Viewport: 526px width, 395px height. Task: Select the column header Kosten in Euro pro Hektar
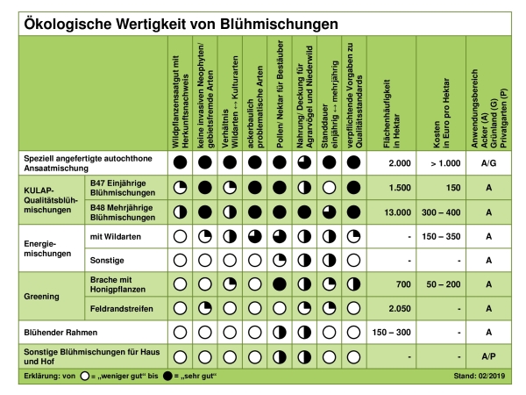(441, 113)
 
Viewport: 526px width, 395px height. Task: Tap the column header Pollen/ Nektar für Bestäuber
(281, 94)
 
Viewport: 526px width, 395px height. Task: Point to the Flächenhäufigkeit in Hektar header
(392, 114)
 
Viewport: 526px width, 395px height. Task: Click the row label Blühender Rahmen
(60, 333)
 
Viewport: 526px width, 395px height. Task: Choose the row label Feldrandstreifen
(122, 309)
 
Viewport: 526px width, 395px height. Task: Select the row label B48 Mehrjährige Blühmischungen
(123, 212)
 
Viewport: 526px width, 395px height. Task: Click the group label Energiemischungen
(47, 248)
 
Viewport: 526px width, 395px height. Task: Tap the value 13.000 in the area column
(397, 212)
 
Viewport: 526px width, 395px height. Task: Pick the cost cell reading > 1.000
(445, 163)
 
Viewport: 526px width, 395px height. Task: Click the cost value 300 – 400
(441, 212)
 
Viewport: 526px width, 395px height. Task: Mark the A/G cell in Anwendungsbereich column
(488, 163)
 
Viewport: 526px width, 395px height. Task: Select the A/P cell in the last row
(488, 356)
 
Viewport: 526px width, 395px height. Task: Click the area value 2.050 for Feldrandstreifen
(400, 309)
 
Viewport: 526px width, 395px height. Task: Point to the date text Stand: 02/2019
(479, 377)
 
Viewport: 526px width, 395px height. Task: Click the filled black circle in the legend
(167, 377)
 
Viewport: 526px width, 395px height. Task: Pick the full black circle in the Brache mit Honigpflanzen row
(280, 284)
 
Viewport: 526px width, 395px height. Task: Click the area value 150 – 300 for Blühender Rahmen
(392, 333)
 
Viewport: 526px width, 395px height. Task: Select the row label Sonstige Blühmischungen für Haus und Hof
(91, 356)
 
